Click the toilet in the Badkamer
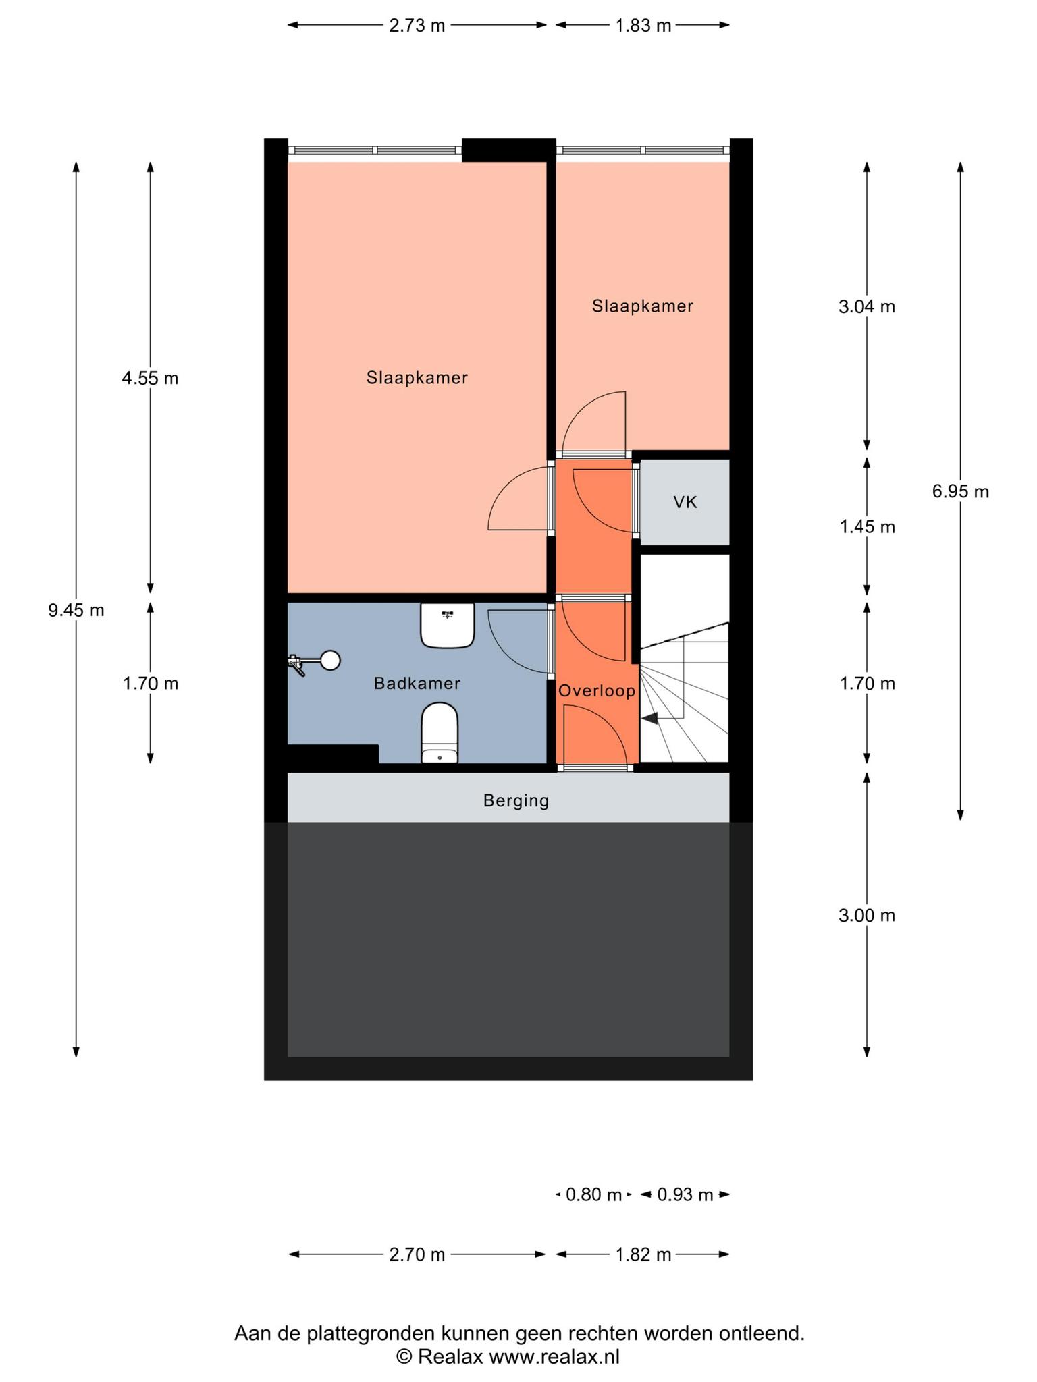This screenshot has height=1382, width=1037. [x=440, y=733]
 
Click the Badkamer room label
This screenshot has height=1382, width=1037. [x=417, y=684]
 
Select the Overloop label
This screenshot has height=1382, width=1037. [x=597, y=691]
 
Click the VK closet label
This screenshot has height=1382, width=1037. [x=685, y=502]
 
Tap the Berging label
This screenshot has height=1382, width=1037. [x=516, y=801]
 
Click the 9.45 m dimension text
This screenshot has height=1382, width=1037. [x=76, y=611]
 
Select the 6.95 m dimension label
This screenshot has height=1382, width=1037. [x=961, y=492]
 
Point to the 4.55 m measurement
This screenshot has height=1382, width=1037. [x=150, y=379]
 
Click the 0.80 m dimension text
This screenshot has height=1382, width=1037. [x=593, y=1195]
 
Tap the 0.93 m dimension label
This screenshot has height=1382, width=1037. [x=685, y=1195]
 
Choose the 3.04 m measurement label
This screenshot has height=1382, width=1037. [x=867, y=307]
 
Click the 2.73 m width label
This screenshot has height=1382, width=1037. [x=417, y=26]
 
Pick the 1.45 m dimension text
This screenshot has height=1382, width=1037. [x=867, y=527]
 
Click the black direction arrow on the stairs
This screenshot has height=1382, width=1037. [x=649, y=719]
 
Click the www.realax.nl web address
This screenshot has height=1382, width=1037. [x=554, y=1356]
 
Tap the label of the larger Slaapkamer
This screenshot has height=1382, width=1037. [x=417, y=378]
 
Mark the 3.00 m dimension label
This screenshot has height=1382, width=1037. [x=867, y=916]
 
